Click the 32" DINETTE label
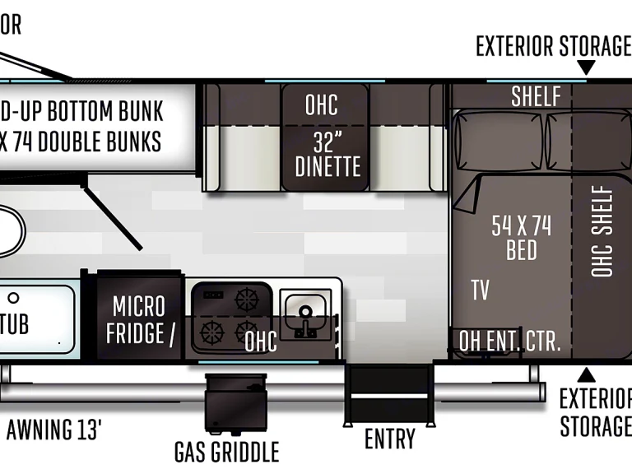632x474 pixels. tap(328, 154)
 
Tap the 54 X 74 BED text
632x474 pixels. tap(521, 237)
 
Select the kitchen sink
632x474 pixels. tap(304, 316)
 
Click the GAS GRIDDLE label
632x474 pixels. tap(226, 451)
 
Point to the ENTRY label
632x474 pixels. tap(389, 439)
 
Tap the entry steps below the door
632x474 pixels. tap(388, 393)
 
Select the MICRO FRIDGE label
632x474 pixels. tap(138, 319)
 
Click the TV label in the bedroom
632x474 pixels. tap(481, 290)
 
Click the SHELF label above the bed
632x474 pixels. tap(536, 95)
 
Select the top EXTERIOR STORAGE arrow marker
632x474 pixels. tap(586, 67)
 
